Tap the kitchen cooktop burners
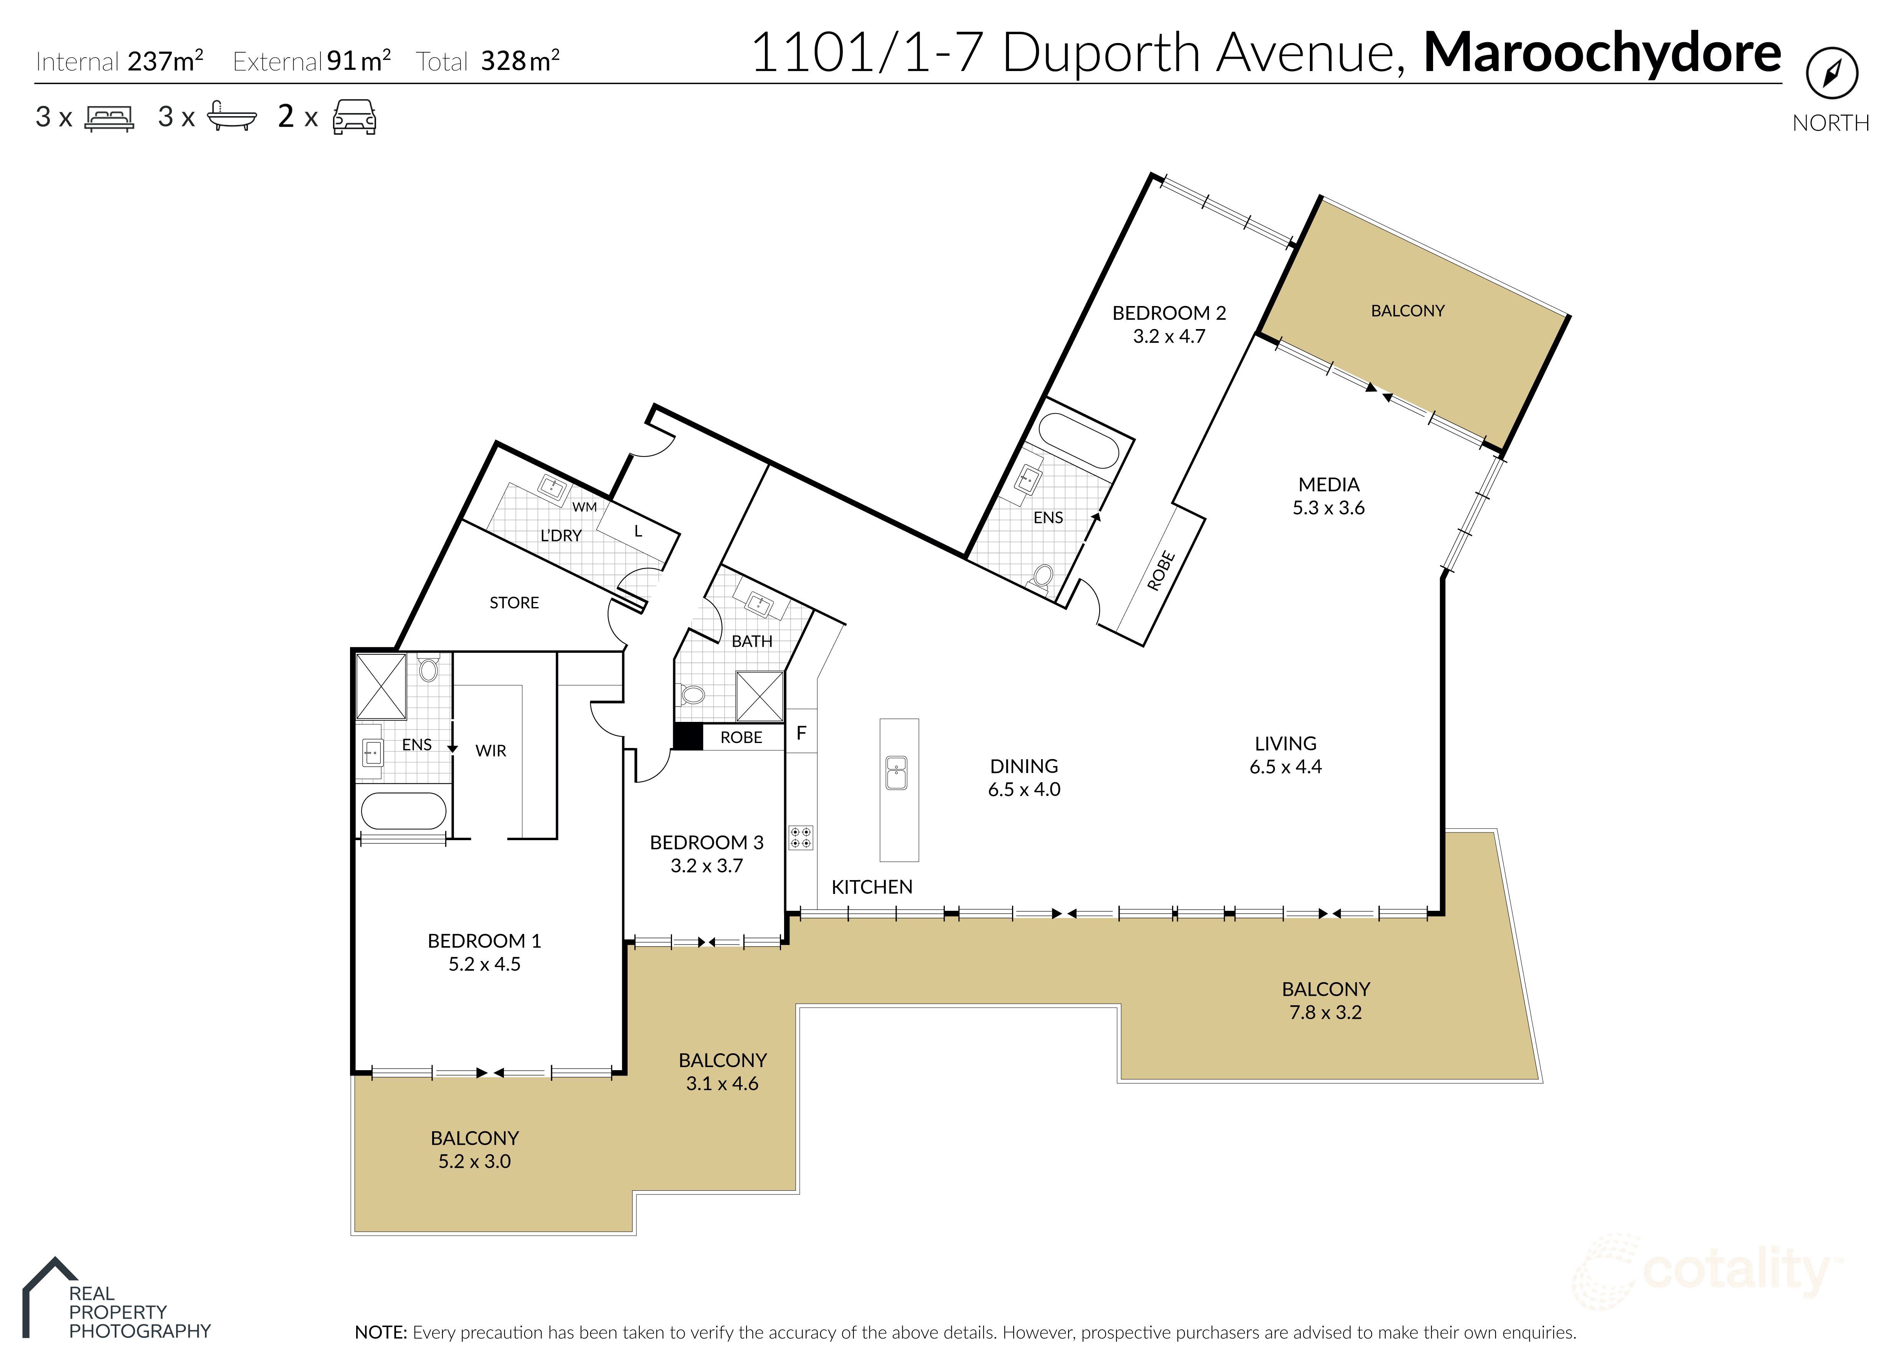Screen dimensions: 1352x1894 [x=801, y=837]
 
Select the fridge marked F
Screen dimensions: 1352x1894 [x=801, y=733]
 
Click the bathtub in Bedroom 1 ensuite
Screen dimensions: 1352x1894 [x=404, y=811]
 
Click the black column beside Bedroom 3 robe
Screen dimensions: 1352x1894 [x=687, y=737]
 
